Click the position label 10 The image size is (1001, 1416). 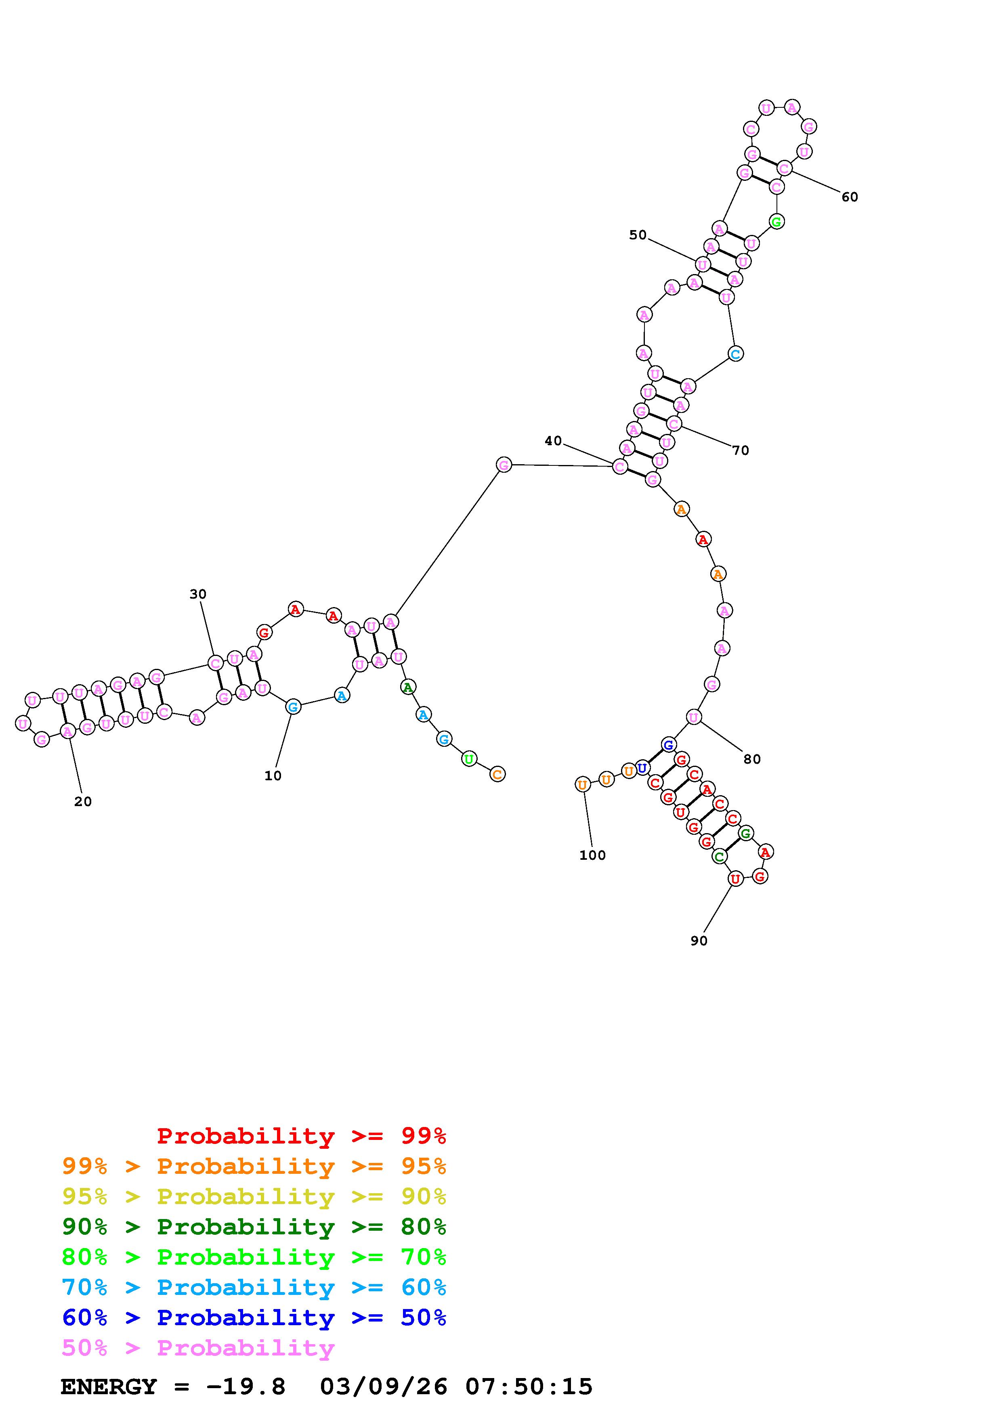(273, 776)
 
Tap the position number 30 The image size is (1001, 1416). (197, 594)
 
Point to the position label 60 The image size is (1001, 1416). (849, 197)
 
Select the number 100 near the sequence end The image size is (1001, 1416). (592, 855)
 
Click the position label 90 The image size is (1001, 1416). (699, 941)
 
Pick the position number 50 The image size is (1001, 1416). (638, 235)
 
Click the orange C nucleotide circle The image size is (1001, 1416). (497, 774)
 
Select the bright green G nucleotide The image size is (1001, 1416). (776, 221)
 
